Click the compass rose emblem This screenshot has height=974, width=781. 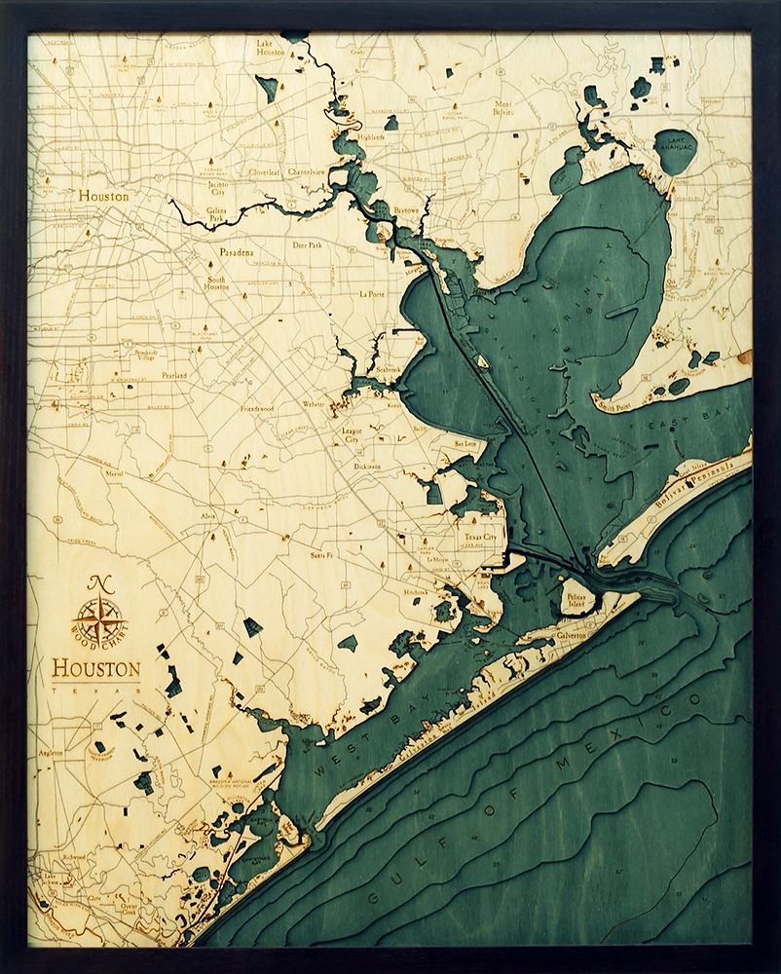coord(98,619)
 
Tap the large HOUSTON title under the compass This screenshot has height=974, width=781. coord(95,669)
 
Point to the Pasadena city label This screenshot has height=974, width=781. coord(237,252)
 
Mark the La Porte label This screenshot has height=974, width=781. coord(372,293)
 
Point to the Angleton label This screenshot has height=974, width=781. coord(52,752)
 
